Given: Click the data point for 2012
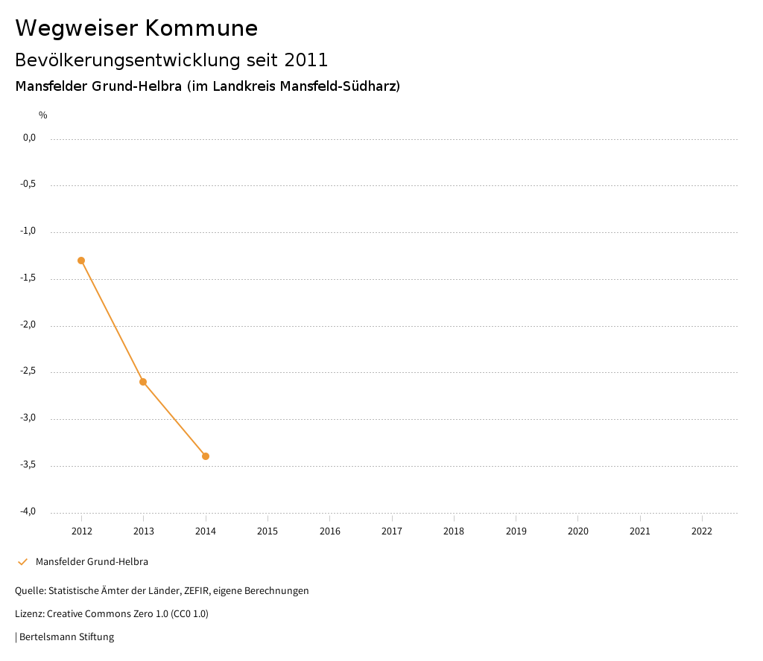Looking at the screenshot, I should (81, 261).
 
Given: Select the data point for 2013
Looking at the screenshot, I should (143, 382).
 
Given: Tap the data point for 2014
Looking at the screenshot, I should (206, 456).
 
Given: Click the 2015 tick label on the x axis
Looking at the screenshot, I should (267, 531).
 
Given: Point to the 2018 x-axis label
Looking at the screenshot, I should (454, 531).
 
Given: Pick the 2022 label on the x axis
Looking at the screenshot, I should (702, 531).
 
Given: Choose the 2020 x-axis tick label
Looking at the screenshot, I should (578, 531).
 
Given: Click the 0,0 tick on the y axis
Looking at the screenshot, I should (29, 138).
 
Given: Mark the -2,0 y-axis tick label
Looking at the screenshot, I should (28, 325).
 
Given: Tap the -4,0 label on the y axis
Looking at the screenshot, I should (28, 511).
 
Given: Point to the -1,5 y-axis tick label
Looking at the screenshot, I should (28, 278).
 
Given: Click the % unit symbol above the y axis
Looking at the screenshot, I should (43, 115).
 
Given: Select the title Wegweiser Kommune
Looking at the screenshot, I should (136, 28).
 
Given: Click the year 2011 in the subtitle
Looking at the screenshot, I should (306, 60).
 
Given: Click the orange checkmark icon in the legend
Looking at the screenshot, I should (22, 562).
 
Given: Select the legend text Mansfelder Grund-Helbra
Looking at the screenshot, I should (92, 562).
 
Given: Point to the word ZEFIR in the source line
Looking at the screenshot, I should (199, 591).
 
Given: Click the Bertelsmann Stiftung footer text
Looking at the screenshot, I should (66, 637).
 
